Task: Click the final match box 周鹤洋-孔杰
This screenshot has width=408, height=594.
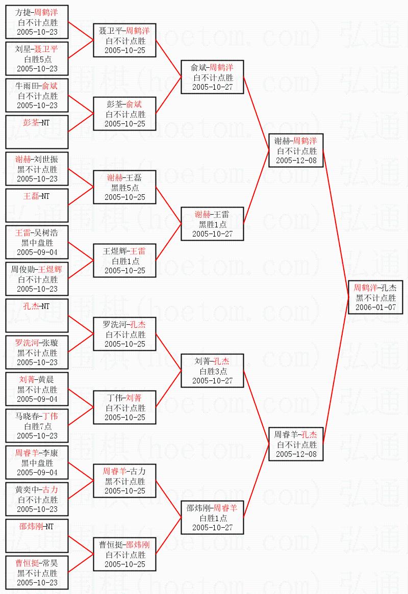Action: (x=375, y=297)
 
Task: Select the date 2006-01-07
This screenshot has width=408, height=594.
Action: (x=375, y=307)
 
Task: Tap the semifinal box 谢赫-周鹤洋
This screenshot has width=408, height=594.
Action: (x=296, y=150)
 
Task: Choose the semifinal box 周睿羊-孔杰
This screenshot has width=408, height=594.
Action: (x=296, y=444)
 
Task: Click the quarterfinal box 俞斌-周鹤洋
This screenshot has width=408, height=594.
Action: (x=212, y=77)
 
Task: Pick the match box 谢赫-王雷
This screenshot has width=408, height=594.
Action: (x=212, y=224)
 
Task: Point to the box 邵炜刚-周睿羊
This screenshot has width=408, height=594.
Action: (x=212, y=518)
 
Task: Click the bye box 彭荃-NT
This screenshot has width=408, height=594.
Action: (x=36, y=132)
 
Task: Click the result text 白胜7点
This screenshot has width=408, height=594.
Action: (x=37, y=426)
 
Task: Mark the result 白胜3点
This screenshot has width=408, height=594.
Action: (x=212, y=371)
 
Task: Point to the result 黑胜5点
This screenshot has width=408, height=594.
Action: (x=124, y=187)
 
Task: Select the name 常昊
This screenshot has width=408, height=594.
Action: (x=50, y=563)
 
